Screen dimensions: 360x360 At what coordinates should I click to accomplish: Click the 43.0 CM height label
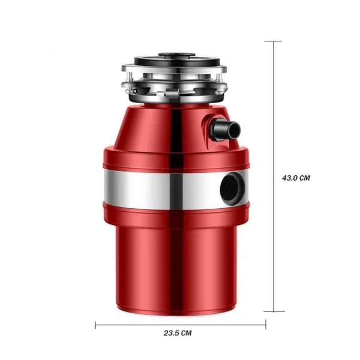pos(296,178)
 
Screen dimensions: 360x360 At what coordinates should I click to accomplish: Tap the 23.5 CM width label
pos(178,333)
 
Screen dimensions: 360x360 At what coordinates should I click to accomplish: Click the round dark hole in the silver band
pos(232,188)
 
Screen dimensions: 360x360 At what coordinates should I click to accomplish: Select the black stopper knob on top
pos(176,55)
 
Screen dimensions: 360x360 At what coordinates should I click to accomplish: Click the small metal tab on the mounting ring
pos(168,93)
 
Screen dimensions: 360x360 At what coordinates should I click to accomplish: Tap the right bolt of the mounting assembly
pos(218,77)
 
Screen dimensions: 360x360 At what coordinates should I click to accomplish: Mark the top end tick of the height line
pos(273,41)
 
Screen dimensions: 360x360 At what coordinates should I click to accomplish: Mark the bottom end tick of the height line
pos(274,311)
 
